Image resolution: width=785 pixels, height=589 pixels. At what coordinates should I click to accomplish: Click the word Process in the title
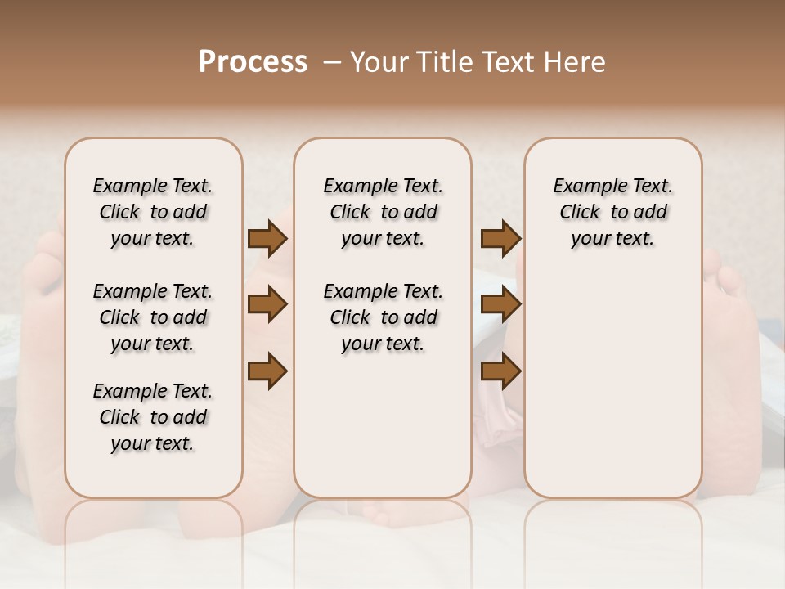click(253, 62)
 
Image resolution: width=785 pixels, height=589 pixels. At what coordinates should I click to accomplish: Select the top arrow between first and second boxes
click(267, 239)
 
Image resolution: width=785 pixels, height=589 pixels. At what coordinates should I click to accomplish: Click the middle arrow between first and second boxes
click(267, 305)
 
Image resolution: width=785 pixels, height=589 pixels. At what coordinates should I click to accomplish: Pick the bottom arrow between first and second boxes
click(267, 371)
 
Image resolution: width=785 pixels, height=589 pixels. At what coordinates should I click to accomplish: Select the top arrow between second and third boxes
click(500, 239)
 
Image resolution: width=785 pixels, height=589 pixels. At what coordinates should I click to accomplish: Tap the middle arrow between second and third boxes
click(500, 305)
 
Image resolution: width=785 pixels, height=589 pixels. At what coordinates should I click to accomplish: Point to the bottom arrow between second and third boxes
click(500, 371)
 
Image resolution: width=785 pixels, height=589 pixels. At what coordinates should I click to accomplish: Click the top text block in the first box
click(153, 212)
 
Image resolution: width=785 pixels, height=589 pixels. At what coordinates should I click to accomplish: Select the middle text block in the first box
click(153, 317)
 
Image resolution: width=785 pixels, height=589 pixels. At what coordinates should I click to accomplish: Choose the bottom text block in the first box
click(153, 417)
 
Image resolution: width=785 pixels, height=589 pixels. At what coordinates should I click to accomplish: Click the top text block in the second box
click(383, 212)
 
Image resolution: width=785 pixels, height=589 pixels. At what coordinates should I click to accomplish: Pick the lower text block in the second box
click(383, 317)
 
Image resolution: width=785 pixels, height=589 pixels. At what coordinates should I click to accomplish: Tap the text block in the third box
click(612, 212)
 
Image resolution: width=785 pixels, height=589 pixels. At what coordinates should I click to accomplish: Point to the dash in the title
click(331, 62)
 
